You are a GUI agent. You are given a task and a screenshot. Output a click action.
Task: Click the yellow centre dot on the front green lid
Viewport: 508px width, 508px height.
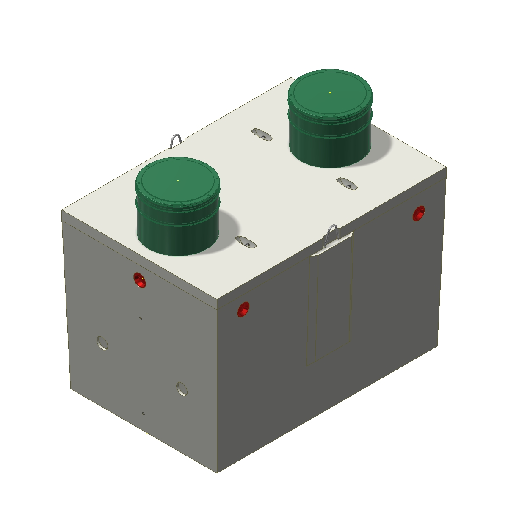(178, 180)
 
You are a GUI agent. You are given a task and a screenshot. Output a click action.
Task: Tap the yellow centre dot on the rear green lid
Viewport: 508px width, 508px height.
(330, 92)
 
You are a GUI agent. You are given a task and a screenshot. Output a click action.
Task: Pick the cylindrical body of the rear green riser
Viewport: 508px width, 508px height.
(330, 146)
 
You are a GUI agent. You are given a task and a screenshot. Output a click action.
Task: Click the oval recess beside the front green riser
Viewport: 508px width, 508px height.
(246, 242)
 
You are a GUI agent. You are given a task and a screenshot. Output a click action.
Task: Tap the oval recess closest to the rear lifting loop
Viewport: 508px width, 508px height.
(262, 135)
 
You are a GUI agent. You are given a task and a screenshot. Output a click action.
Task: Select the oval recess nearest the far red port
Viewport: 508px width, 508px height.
(347, 184)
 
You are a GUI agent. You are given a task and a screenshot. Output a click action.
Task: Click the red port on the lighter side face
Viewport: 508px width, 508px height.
(140, 280)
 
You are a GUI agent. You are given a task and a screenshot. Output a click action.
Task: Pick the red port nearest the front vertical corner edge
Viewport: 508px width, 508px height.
(243, 309)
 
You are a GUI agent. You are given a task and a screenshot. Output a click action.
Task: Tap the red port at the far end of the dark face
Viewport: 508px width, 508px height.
(419, 213)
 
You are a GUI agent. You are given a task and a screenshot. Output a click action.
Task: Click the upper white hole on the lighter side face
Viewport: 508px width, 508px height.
(102, 342)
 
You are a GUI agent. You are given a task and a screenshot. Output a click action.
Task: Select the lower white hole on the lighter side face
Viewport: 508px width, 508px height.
(182, 388)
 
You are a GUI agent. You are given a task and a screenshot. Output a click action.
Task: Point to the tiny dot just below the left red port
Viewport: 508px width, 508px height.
(141, 318)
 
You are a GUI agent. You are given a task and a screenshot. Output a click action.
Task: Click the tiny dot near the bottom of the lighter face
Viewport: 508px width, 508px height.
(144, 414)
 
